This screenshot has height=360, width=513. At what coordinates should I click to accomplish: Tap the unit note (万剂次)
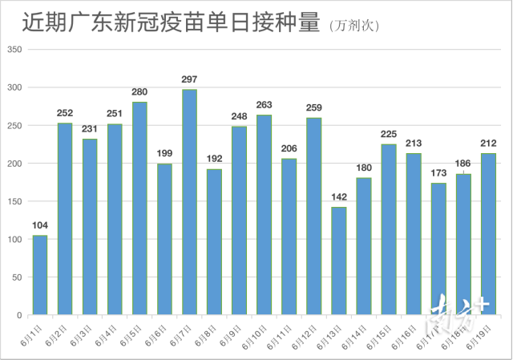354,26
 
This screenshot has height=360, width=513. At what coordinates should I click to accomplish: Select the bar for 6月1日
40,275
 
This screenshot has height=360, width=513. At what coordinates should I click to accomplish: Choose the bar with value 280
139,208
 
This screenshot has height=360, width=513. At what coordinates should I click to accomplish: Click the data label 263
264,105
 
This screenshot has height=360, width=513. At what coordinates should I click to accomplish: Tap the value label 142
339,197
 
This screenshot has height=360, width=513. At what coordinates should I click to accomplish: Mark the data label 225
389,134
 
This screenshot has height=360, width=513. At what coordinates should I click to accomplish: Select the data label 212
488,144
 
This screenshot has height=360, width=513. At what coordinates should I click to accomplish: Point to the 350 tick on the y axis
15,50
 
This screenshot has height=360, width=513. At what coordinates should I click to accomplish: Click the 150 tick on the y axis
15,201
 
